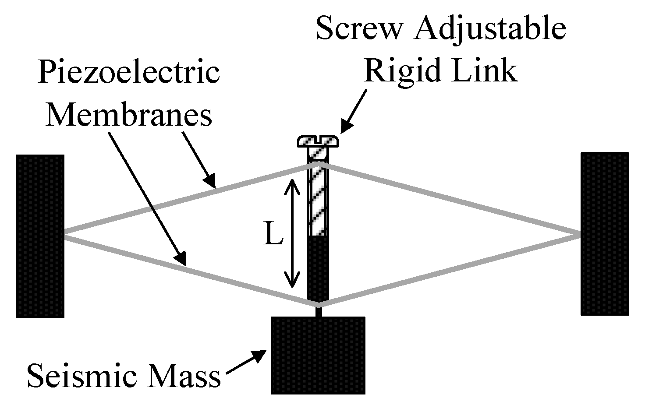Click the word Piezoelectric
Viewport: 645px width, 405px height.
point(129,73)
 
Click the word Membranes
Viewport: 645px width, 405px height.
point(129,116)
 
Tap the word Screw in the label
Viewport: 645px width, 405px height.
point(359,28)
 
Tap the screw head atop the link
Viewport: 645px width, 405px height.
point(319,141)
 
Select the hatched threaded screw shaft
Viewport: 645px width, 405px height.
point(319,197)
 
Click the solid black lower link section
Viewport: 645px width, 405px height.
point(318,267)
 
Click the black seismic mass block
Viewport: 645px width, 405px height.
point(318,355)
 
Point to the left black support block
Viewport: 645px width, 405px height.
point(40,236)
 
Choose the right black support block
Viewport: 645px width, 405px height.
point(605,234)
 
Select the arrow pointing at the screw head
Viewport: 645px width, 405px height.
point(353,111)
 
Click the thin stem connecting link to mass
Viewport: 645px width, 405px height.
point(319,310)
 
